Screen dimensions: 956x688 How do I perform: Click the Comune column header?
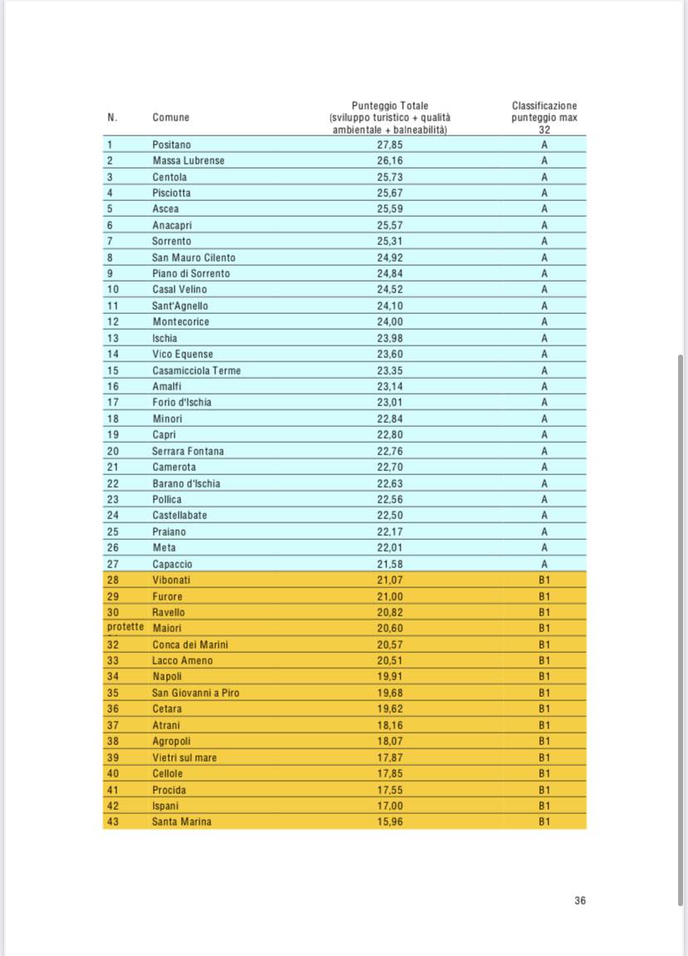click(x=170, y=118)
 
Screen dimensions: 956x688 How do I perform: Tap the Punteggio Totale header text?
click(x=390, y=106)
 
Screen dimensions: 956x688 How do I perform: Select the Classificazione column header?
click(x=544, y=106)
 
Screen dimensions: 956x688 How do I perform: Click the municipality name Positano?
click(x=171, y=145)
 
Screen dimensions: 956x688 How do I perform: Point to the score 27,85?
click(x=390, y=145)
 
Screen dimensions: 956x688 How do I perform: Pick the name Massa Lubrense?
click(x=188, y=160)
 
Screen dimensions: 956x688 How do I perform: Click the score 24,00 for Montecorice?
click(x=390, y=321)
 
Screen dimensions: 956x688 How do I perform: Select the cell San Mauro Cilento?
click(x=194, y=257)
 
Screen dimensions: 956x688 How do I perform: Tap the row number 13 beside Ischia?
click(x=113, y=338)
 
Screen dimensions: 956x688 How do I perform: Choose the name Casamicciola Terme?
click(x=196, y=370)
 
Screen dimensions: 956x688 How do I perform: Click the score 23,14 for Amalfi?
click(x=390, y=386)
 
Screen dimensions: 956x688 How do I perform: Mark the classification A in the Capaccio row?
click(x=544, y=564)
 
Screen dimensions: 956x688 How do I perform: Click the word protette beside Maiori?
click(x=125, y=628)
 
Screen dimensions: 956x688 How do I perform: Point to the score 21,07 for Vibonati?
click(x=390, y=580)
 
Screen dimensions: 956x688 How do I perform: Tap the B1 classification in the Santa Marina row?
click(x=544, y=821)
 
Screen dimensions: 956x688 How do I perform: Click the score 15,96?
click(x=390, y=821)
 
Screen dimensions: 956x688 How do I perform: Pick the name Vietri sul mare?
click(x=184, y=757)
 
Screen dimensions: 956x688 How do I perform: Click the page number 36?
click(x=579, y=900)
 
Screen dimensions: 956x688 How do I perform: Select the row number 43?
click(x=113, y=821)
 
